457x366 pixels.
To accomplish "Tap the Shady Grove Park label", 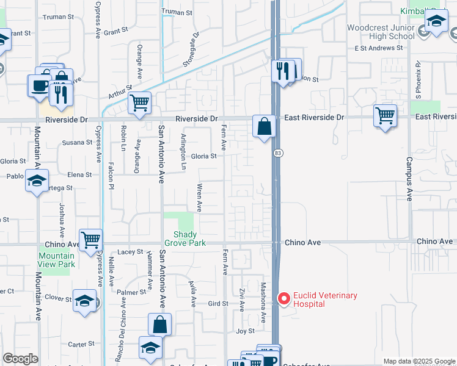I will [185, 239].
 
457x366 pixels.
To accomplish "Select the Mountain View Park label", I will [56, 260].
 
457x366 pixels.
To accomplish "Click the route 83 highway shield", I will [278, 152].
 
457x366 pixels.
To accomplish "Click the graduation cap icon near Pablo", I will [37, 181].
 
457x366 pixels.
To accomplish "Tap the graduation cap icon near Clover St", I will [84, 300].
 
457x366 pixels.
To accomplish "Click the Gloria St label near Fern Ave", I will [205, 156].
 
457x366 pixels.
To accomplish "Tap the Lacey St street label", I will [130, 251].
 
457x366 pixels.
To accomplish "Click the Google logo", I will [21, 359].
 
